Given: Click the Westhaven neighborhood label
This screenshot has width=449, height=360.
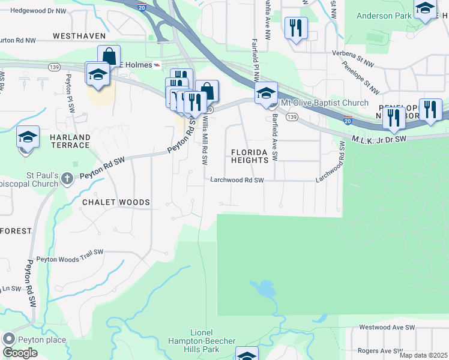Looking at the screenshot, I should coord(79,36).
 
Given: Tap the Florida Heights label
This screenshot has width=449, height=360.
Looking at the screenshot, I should coord(250,156).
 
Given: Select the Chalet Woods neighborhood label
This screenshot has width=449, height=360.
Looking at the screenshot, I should coord(116,202).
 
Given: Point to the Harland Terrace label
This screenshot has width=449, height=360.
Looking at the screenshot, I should coord(70,142).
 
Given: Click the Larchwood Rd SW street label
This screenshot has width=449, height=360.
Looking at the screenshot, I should coord(237,180).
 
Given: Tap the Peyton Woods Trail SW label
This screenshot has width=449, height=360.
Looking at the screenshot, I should coord(70,259).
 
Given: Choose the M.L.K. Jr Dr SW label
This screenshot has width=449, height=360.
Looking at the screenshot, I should coord(379,139).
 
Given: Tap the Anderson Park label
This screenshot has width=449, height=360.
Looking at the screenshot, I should coord(382,16).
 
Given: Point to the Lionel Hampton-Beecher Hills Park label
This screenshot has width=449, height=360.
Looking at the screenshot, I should coord(202,341).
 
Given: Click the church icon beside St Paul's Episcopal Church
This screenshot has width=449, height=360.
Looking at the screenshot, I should coord(67,178).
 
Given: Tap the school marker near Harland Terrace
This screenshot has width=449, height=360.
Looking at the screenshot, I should coord(28,138).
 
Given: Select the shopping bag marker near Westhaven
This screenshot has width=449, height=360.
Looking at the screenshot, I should coord(109,57).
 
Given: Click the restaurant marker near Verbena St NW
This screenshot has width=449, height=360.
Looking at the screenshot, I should coord(296,28).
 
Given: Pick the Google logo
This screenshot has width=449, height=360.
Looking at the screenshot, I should coord(20,352).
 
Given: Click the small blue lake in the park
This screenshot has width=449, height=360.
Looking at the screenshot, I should coord(264,290).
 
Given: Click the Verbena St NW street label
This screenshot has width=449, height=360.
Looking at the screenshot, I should coord(354,58).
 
